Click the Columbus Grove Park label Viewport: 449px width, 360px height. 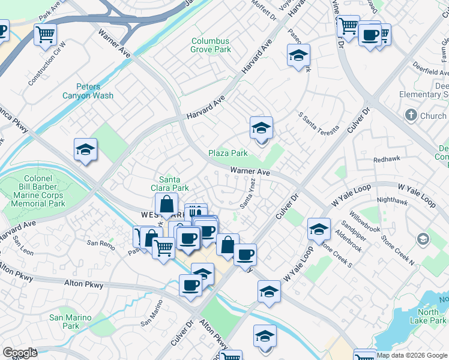(x=210, y=45)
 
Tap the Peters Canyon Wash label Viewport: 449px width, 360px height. (x=88, y=91)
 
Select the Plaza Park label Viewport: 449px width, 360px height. (x=228, y=153)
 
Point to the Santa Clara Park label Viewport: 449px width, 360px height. (x=173, y=183)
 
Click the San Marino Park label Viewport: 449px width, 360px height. (x=70, y=322)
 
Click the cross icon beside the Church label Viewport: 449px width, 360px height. (x=411, y=115)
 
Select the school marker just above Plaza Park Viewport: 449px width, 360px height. (x=262, y=128)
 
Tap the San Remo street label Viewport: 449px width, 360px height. (x=100, y=243)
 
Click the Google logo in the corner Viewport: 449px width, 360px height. (x=20, y=353)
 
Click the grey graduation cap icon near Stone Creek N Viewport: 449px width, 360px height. (x=423, y=239)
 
